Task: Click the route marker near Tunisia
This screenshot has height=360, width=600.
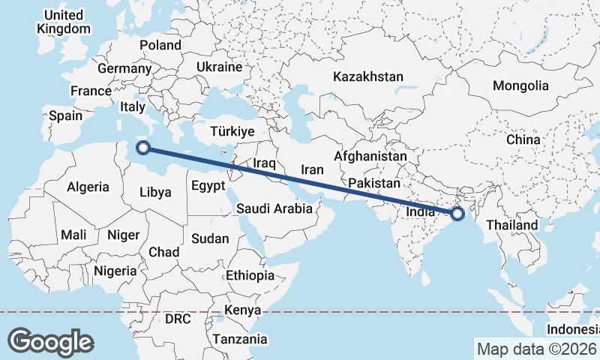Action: pyautogui.click(x=144, y=148)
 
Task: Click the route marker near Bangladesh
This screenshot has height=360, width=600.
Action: pyautogui.click(x=457, y=214)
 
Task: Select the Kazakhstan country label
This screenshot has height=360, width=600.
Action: pyautogui.click(x=368, y=76)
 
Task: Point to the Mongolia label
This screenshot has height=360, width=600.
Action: pyautogui.click(x=520, y=85)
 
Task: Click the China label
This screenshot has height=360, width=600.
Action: pyautogui.click(x=523, y=139)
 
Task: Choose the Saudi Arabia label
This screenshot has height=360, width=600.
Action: pyautogui.click(x=274, y=209)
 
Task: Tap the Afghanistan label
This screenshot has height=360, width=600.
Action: pyautogui.click(x=370, y=156)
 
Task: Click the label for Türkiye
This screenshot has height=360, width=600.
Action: pyautogui.click(x=232, y=131)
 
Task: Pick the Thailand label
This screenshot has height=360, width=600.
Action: pyautogui.click(x=512, y=225)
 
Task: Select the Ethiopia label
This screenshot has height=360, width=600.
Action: pyautogui.click(x=250, y=275)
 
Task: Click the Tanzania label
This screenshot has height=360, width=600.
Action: pyautogui.click(x=239, y=339)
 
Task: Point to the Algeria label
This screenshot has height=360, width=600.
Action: pyautogui.click(x=88, y=187)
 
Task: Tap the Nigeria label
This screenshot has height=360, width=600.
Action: pyautogui.click(x=115, y=271)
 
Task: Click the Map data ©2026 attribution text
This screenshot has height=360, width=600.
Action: pyautogui.click(x=536, y=349)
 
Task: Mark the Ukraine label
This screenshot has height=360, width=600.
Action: pyautogui.click(x=219, y=67)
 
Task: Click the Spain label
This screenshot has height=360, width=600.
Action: pyautogui.click(x=65, y=116)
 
